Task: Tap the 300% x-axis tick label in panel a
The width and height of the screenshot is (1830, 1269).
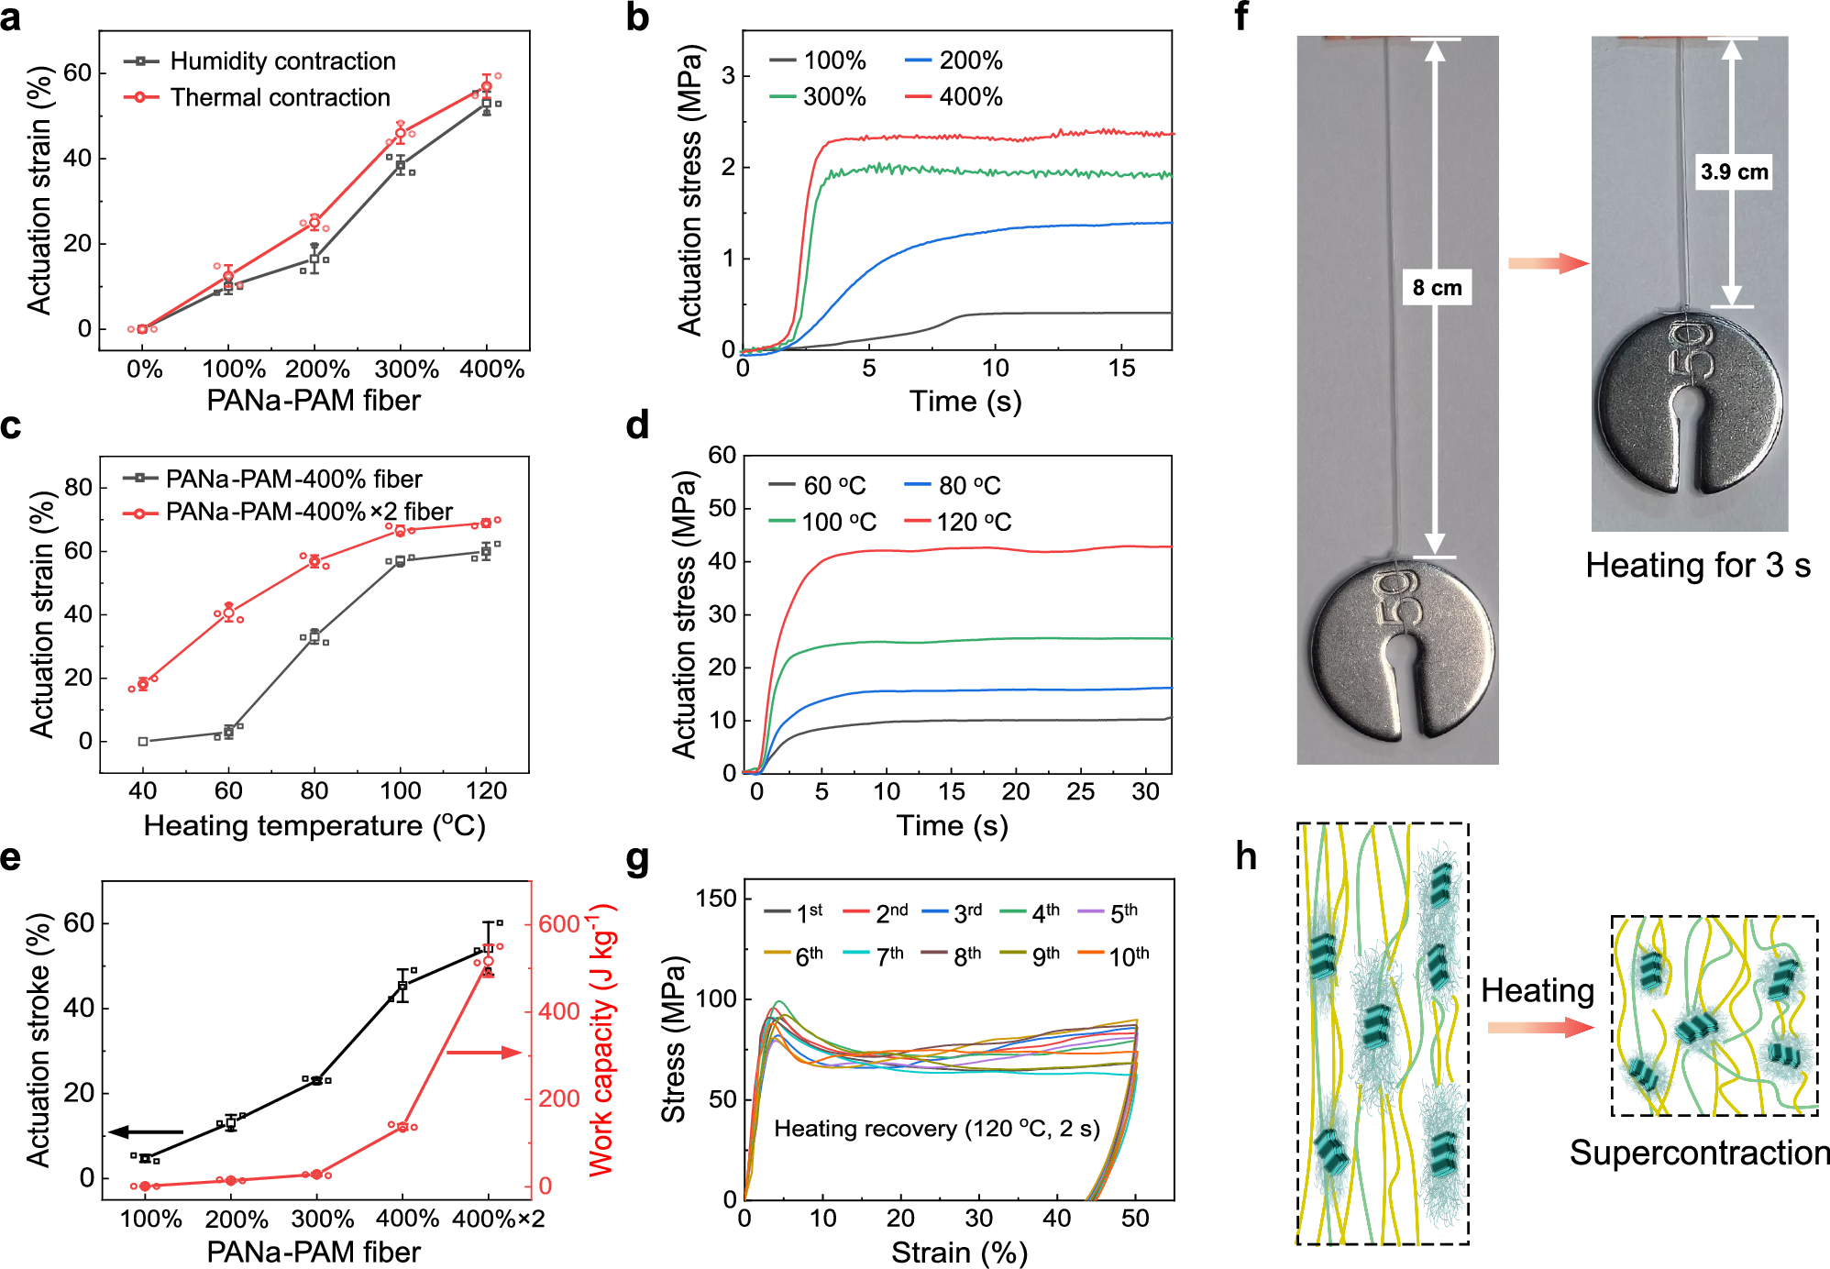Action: point(406,370)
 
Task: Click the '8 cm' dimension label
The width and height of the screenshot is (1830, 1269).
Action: point(1437,288)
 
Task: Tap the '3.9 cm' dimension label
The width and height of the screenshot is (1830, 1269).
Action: point(1734,172)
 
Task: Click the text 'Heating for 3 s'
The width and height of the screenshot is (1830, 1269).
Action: point(1697,566)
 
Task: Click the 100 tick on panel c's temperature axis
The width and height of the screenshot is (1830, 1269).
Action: point(401,791)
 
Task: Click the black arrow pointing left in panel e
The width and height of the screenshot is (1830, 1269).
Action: point(147,1132)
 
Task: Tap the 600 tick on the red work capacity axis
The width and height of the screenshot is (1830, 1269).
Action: point(558,924)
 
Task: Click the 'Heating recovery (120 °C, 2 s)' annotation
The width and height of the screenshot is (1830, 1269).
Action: point(936,1129)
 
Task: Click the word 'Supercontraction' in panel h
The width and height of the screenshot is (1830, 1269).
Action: point(1699,1153)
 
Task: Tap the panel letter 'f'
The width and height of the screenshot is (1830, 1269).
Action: point(1241,17)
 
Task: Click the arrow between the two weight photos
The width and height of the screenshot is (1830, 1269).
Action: point(1548,264)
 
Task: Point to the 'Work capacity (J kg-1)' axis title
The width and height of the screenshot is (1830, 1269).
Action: point(602,1041)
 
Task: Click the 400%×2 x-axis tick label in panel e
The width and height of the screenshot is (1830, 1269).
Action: point(499,1219)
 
